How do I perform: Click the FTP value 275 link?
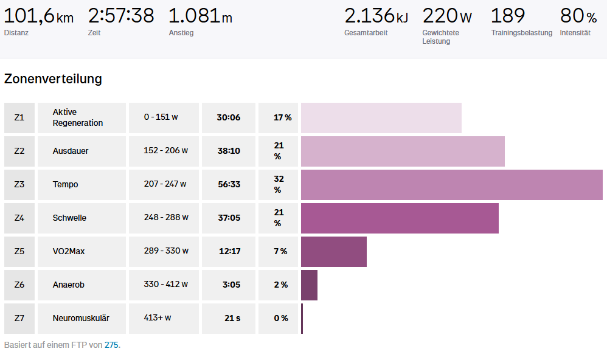click(111, 345)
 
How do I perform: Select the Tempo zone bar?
click(451, 185)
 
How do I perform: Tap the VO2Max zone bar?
click(334, 252)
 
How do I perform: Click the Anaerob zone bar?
click(309, 285)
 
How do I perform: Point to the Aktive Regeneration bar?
click(381, 118)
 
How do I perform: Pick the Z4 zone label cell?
click(19, 218)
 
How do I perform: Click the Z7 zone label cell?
click(19, 318)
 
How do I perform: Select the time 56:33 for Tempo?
click(229, 185)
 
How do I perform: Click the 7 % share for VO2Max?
click(280, 251)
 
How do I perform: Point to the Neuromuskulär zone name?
click(81, 318)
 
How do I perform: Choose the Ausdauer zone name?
click(71, 151)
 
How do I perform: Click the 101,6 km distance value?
click(38, 16)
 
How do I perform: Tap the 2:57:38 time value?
click(121, 16)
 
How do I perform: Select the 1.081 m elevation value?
click(200, 16)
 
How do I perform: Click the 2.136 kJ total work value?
click(376, 16)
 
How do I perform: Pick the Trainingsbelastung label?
click(522, 33)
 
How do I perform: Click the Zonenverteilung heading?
click(53, 79)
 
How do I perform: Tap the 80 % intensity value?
click(578, 16)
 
